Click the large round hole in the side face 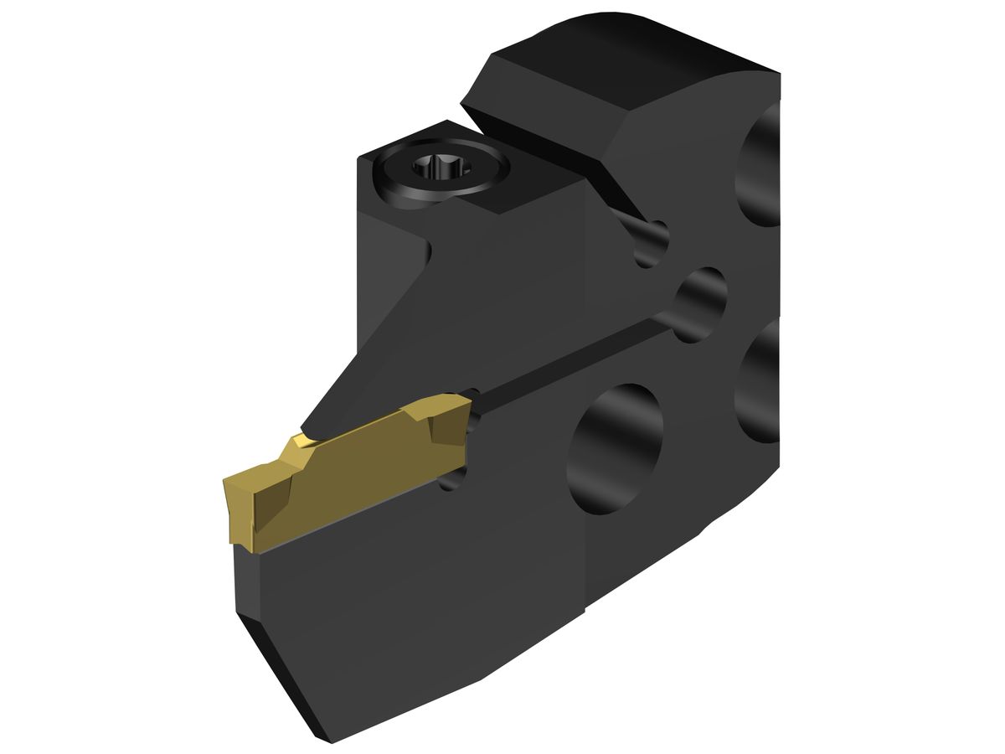[x=616, y=448]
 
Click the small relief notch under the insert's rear [x=452, y=478]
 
